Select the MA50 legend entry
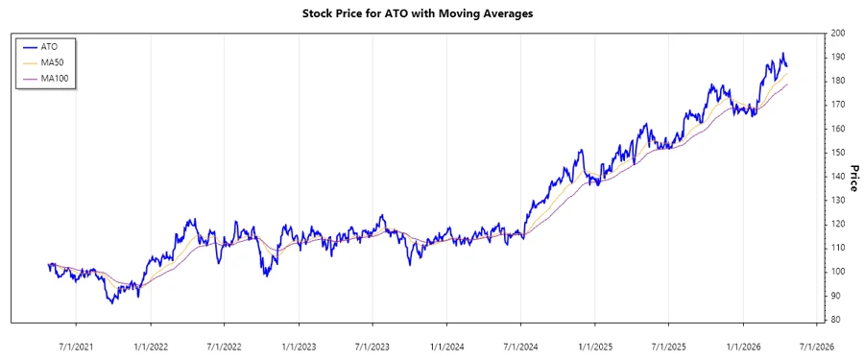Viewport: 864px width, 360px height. click(x=53, y=62)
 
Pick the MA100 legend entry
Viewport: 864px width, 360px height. click(x=56, y=79)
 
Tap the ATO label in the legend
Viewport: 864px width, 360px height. click(x=49, y=46)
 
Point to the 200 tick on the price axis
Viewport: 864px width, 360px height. click(x=838, y=34)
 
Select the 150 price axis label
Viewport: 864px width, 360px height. click(x=838, y=153)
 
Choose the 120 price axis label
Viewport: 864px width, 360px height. click(x=838, y=224)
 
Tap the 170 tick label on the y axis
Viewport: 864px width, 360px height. click(x=838, y=105)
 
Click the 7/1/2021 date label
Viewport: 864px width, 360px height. click(x=77, y=346)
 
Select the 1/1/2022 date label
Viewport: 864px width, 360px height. click(x=151, y=346)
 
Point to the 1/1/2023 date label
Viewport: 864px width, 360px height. click(x=299, y=346)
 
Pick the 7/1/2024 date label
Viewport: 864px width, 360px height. click(x=520, y=346)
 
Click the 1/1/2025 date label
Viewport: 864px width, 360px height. click(x=595, y=346)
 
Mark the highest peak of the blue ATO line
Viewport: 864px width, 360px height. click(x=782, y=54)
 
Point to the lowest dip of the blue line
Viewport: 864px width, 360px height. click(x=112, y=303)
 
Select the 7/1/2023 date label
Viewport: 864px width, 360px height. click(x=372, y=346)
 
